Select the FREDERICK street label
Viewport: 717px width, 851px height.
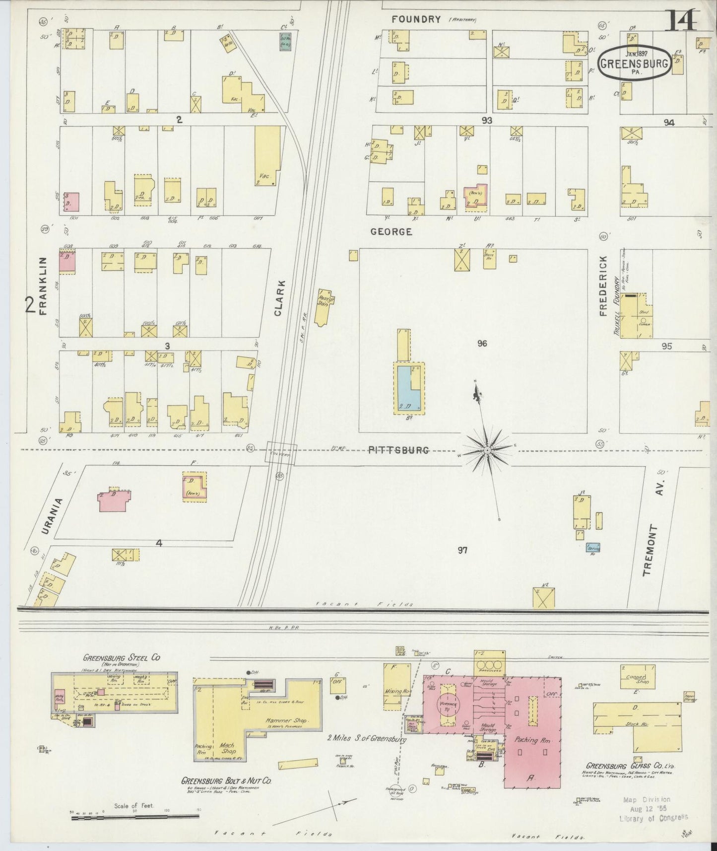click(603, 286)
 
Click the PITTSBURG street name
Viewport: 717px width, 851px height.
click(398, 450)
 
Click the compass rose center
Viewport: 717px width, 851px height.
click(487, 450)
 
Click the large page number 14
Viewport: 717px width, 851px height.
click(684, 20)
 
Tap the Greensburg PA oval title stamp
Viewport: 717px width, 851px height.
click(634, 63)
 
